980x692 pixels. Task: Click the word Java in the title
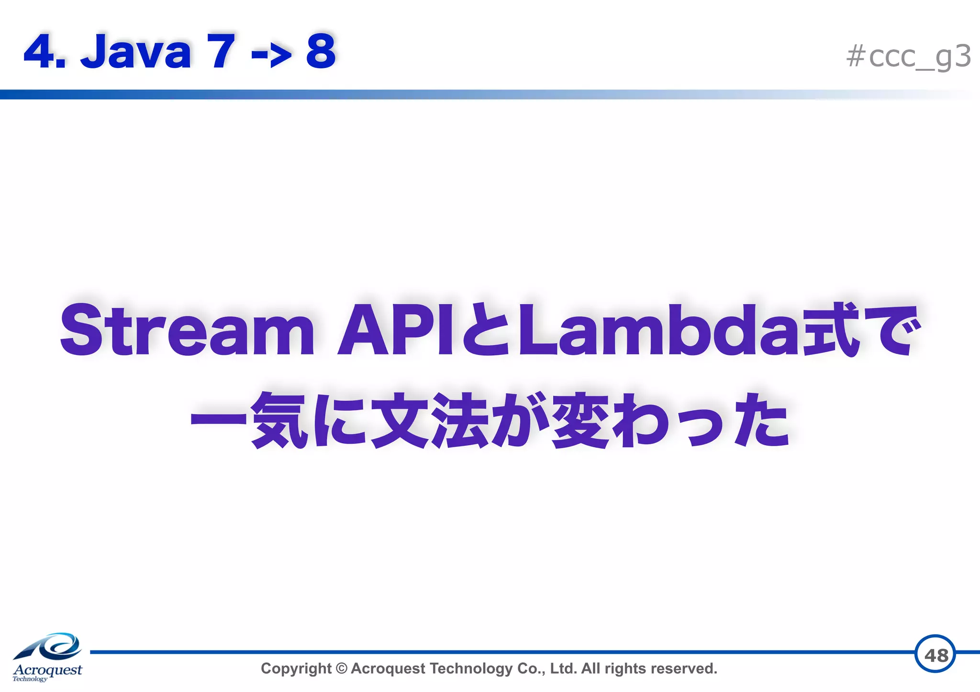[136, 52]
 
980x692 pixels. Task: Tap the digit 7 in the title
[221, 52]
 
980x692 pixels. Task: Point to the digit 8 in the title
[321, 52]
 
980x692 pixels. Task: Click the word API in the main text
[395, 331]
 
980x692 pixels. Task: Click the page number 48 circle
[935, 654]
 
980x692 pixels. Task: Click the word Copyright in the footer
[296, 669]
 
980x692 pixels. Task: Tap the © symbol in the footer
[341, 669]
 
